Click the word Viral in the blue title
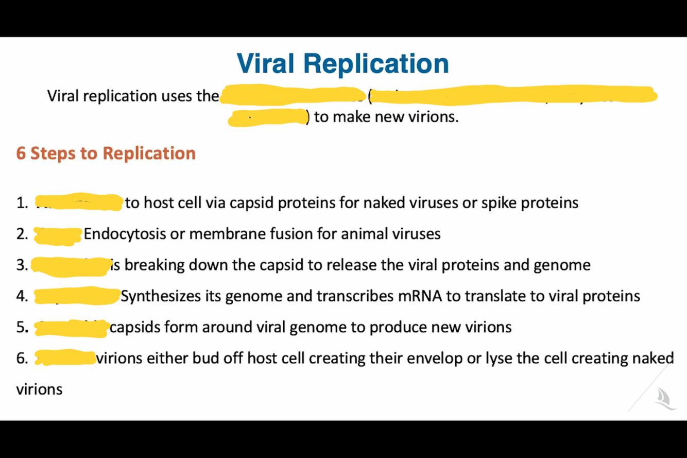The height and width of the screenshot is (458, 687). point(266,63)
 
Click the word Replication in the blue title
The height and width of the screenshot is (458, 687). point(376,63)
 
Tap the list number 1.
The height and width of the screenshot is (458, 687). point(22,203)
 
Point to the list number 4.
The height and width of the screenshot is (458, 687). point(22,296)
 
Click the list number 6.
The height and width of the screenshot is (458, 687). point(22,358)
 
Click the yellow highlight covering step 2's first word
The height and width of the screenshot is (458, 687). point(58,235)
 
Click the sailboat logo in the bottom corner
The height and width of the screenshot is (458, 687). point(664,399)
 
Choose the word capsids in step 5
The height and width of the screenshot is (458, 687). point(134,327)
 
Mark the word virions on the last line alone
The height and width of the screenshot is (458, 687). point(39,389)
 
